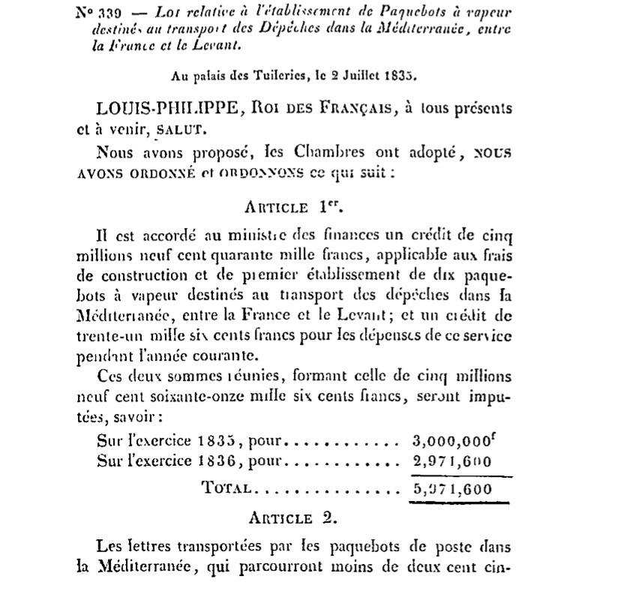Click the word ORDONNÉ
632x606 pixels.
pyautogui.click(x=163, y=171)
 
